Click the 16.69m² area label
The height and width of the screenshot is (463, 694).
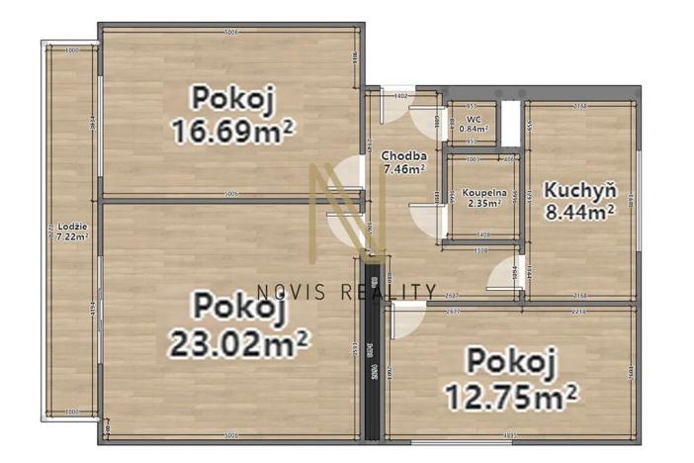click(x=234, y=131)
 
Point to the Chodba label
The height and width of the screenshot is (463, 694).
click(x=404, y=155)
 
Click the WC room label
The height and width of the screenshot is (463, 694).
click(x=473, y=119)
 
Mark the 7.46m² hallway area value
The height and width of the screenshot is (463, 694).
click(x=404, y=168)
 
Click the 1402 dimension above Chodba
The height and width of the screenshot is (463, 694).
click(x=401, y=96)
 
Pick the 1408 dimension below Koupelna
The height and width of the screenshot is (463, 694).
click(x=483, y=234)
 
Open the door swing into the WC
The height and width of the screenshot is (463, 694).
click(x=431, y=117)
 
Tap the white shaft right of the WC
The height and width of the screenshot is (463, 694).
click(x=510, y=120)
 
